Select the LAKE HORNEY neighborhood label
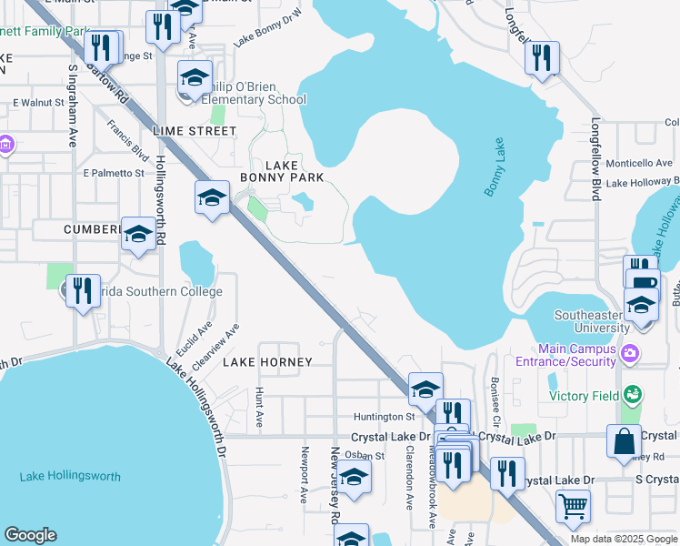[x=267, y=362]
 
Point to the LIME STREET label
[x=195, y=131]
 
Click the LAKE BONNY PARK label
[x=281, y=170]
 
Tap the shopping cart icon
[x=573, y=506]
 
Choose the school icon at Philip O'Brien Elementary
[x=195, y=77]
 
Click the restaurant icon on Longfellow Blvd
[x=542, y=58]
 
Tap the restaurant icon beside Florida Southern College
[x=84, y=291]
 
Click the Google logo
[x=30, y=535]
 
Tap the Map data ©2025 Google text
[x=623, y=539]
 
